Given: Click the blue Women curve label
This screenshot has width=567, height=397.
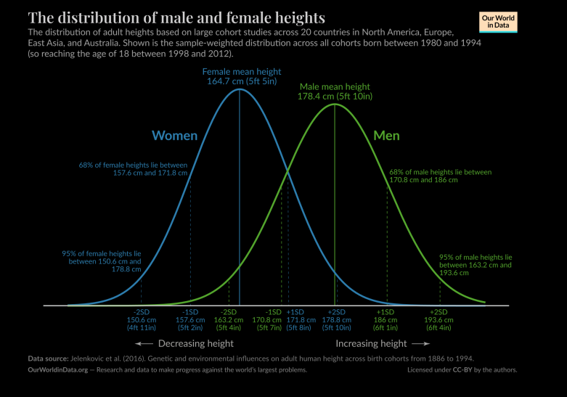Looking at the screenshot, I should pos(174,136).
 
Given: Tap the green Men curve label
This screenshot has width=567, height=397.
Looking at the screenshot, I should pos(386,136).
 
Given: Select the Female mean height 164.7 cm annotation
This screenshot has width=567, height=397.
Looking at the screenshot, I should pos(240,78).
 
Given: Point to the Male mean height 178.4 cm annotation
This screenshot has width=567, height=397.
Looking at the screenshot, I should pos(334,91).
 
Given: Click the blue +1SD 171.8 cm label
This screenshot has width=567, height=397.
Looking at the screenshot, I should pos(298,319).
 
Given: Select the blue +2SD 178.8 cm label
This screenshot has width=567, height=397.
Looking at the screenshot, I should pos(338,319).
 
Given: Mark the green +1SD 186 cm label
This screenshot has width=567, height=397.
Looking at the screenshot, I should pos(386,319).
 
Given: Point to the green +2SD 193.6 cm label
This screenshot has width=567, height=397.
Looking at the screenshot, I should pos(439,319).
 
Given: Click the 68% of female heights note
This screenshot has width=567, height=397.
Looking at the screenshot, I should pos(133,169).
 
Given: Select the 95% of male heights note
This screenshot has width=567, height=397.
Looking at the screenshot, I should pos(476,265).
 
